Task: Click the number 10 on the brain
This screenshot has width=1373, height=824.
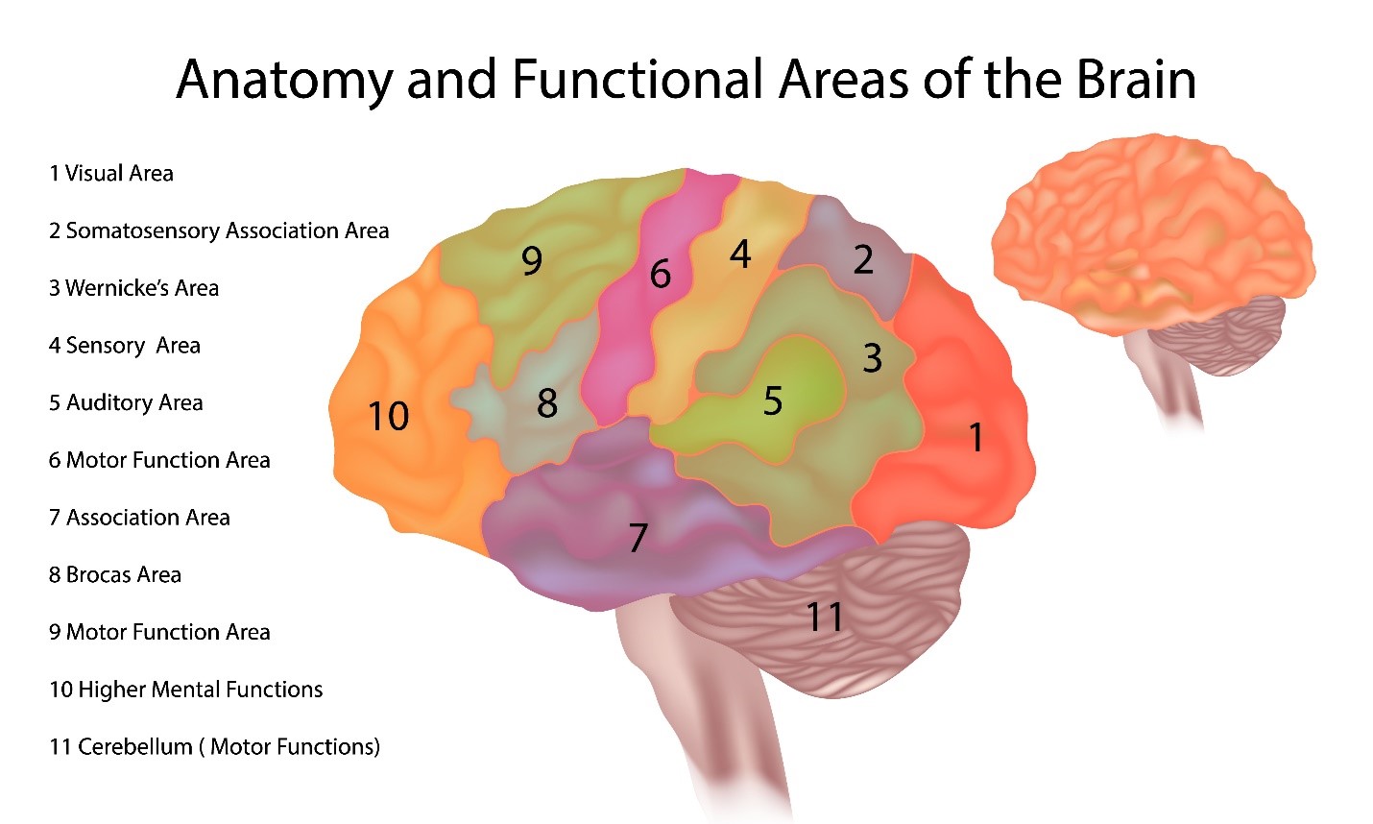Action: point(389,416)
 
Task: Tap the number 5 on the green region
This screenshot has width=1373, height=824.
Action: point(773,400)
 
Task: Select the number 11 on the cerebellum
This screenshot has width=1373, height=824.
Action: point(825,617)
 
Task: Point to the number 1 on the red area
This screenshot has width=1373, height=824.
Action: point(976,437)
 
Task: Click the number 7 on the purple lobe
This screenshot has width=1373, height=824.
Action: point(638,538)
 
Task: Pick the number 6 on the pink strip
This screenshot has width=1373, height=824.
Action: point(660,275)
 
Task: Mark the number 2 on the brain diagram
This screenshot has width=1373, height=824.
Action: point(863,259)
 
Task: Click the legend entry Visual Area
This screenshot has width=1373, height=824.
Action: point(111,174)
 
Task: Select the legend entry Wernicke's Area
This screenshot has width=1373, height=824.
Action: point(133,288)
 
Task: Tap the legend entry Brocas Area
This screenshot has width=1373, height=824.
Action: point(115,575)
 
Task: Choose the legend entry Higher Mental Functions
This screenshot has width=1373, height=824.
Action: point(185,690)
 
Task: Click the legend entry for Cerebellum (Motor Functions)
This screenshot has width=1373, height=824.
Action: point(214,747)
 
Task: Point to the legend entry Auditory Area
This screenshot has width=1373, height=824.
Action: point(126,403)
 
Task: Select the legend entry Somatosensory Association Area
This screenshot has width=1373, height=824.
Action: point(219,231)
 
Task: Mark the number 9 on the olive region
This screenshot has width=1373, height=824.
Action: point(531,260)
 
